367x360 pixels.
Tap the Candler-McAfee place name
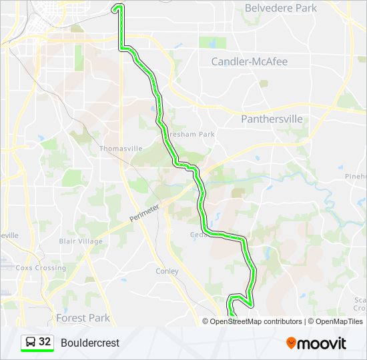coord(249,62)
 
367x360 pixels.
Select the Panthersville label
coord(272,119)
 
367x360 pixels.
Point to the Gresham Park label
coord(198,134)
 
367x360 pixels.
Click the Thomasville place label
coord(121,149)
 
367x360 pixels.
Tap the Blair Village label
coord(81,241)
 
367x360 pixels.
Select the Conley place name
coord(167,271)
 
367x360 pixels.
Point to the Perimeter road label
coord(145,214)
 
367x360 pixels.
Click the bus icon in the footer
coord(30,342)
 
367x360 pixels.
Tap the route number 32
coord(45,341)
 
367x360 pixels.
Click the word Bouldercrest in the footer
coord(90,343)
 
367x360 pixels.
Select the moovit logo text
coord(322,343)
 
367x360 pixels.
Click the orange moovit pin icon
coord(292,343)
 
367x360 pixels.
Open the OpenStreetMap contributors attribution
coord(256,321)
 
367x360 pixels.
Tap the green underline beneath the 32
coord(37,351)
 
